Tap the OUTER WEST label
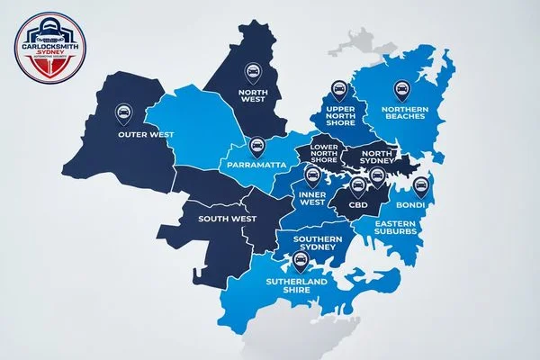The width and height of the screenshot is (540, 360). point(145,136)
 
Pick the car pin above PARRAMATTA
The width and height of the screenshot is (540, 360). point(256,144)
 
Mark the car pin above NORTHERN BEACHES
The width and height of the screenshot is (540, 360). point(400,88)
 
